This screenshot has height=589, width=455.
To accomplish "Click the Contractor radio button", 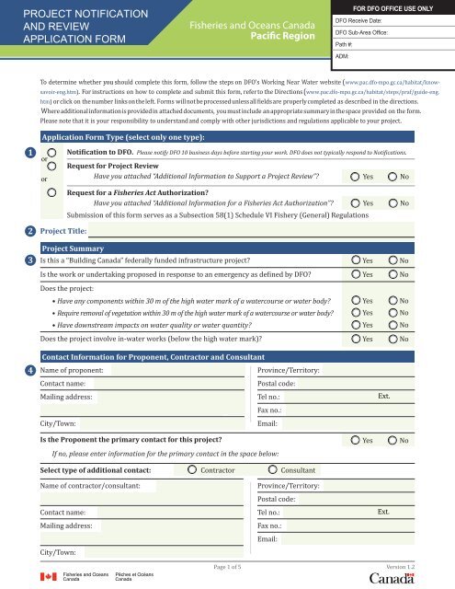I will (192, 470).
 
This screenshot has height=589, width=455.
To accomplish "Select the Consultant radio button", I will (272, 470).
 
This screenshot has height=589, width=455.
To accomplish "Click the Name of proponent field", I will (175, 370).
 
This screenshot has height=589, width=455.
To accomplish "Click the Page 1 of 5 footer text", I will (228, 568).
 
